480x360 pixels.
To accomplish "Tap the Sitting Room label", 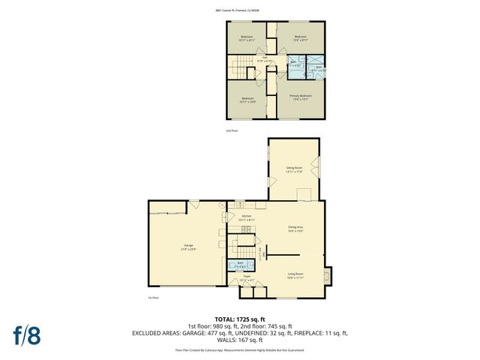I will click(x=294, y=169).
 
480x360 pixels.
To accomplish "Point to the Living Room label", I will click(x=295, y=275).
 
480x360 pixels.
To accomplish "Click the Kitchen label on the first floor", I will click(x=247, y=217).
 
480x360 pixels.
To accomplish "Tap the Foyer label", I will click(x=247, y=278).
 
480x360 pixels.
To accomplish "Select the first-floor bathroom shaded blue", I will click(x=241, y=264).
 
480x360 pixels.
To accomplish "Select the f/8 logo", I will click(x=25, y=335).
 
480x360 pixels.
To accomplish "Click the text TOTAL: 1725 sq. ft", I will click(x=240, y=319).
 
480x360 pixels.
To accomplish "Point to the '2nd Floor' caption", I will click(x=232, y=130).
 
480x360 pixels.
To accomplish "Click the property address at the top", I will click(x=240, y=10).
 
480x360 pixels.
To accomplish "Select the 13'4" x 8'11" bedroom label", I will click(x=300, y=38).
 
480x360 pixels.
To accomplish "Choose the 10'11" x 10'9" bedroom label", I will click(x=247, y=100).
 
